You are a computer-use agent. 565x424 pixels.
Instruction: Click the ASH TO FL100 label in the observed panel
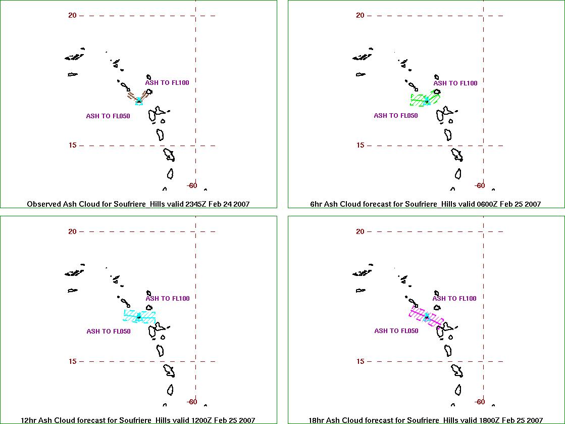tap(167, 82)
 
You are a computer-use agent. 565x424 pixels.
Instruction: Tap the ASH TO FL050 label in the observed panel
tap(108, 116)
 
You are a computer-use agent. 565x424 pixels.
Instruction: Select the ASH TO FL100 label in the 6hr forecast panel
tap(455, 83)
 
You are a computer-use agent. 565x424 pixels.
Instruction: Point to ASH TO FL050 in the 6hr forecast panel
tap(396, 116)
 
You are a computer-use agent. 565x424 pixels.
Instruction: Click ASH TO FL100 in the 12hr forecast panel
tap(168, 299)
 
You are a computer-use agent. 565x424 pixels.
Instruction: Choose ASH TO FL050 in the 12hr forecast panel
tap(109, 332)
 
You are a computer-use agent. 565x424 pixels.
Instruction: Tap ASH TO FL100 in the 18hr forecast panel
tap(454, 299)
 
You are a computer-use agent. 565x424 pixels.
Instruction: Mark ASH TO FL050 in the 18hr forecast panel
tap(396, 331)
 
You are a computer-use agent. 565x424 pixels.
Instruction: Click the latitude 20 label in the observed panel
tap(72, 16)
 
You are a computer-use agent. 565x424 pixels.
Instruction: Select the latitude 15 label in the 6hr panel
tap(361, 146)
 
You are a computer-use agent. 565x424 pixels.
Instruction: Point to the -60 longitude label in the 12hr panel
tap(192, 402)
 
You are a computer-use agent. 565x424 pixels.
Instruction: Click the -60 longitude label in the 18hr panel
tap(480, 402)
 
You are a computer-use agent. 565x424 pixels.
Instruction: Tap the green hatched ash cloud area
tap(425, 99)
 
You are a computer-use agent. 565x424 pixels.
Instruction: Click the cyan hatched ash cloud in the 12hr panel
tap(139, 316)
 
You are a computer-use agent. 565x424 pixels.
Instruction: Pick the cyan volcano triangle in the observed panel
tap(139, 101)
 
